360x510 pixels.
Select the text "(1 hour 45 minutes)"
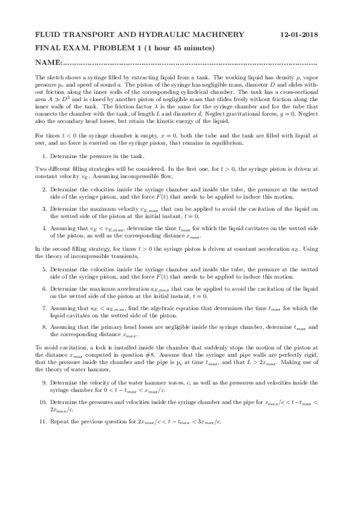[x=180, y=48]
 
